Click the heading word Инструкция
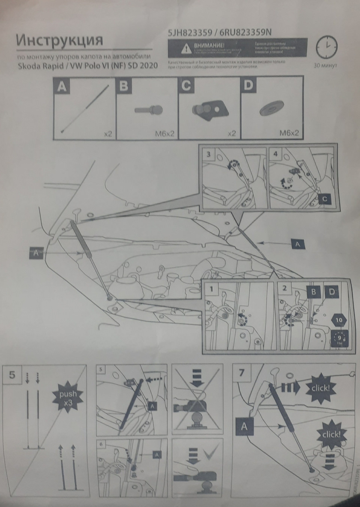59,40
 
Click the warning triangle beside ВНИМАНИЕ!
185,48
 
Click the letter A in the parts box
62,87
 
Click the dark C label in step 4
324,199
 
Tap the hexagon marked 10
339,320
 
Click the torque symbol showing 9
339,337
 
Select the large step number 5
12,374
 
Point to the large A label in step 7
244,426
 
